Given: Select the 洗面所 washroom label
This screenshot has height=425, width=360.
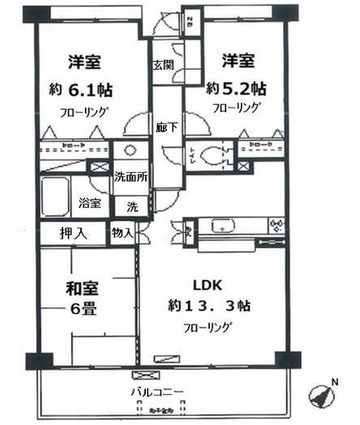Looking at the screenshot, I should [x=130, y=177].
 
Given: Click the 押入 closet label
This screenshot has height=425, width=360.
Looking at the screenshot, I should [x=74, y=233].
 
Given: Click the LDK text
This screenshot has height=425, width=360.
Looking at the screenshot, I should [x=206, y=285].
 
